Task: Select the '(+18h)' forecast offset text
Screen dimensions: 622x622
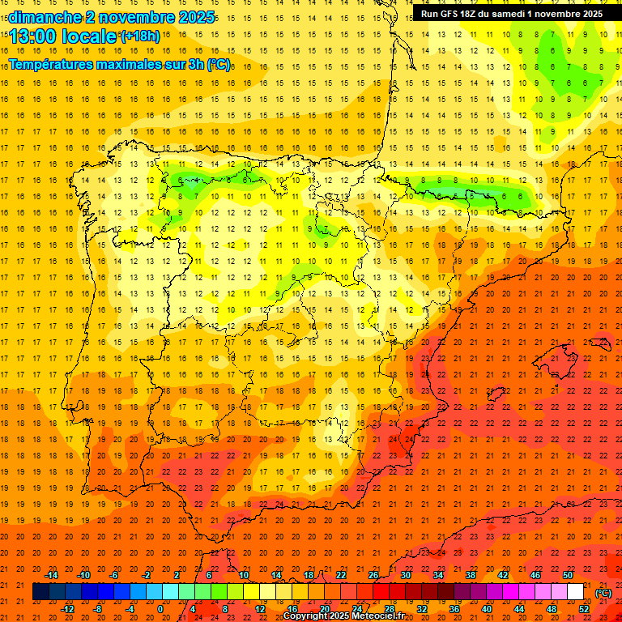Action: point(139,36)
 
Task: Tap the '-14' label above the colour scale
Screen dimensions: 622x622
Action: point(50,575)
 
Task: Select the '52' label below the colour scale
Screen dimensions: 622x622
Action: point(584,609)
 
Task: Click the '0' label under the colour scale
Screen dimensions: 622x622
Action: point(160,609)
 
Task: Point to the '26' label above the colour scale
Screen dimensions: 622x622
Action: point(373,575)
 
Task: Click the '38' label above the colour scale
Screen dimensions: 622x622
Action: point(470,575)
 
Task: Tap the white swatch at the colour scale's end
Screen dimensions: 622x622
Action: point(575,592)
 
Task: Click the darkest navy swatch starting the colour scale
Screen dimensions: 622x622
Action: point(40,592)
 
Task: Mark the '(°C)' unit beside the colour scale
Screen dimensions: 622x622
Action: point(603,592)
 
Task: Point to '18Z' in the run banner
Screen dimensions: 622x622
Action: point(473,14)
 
